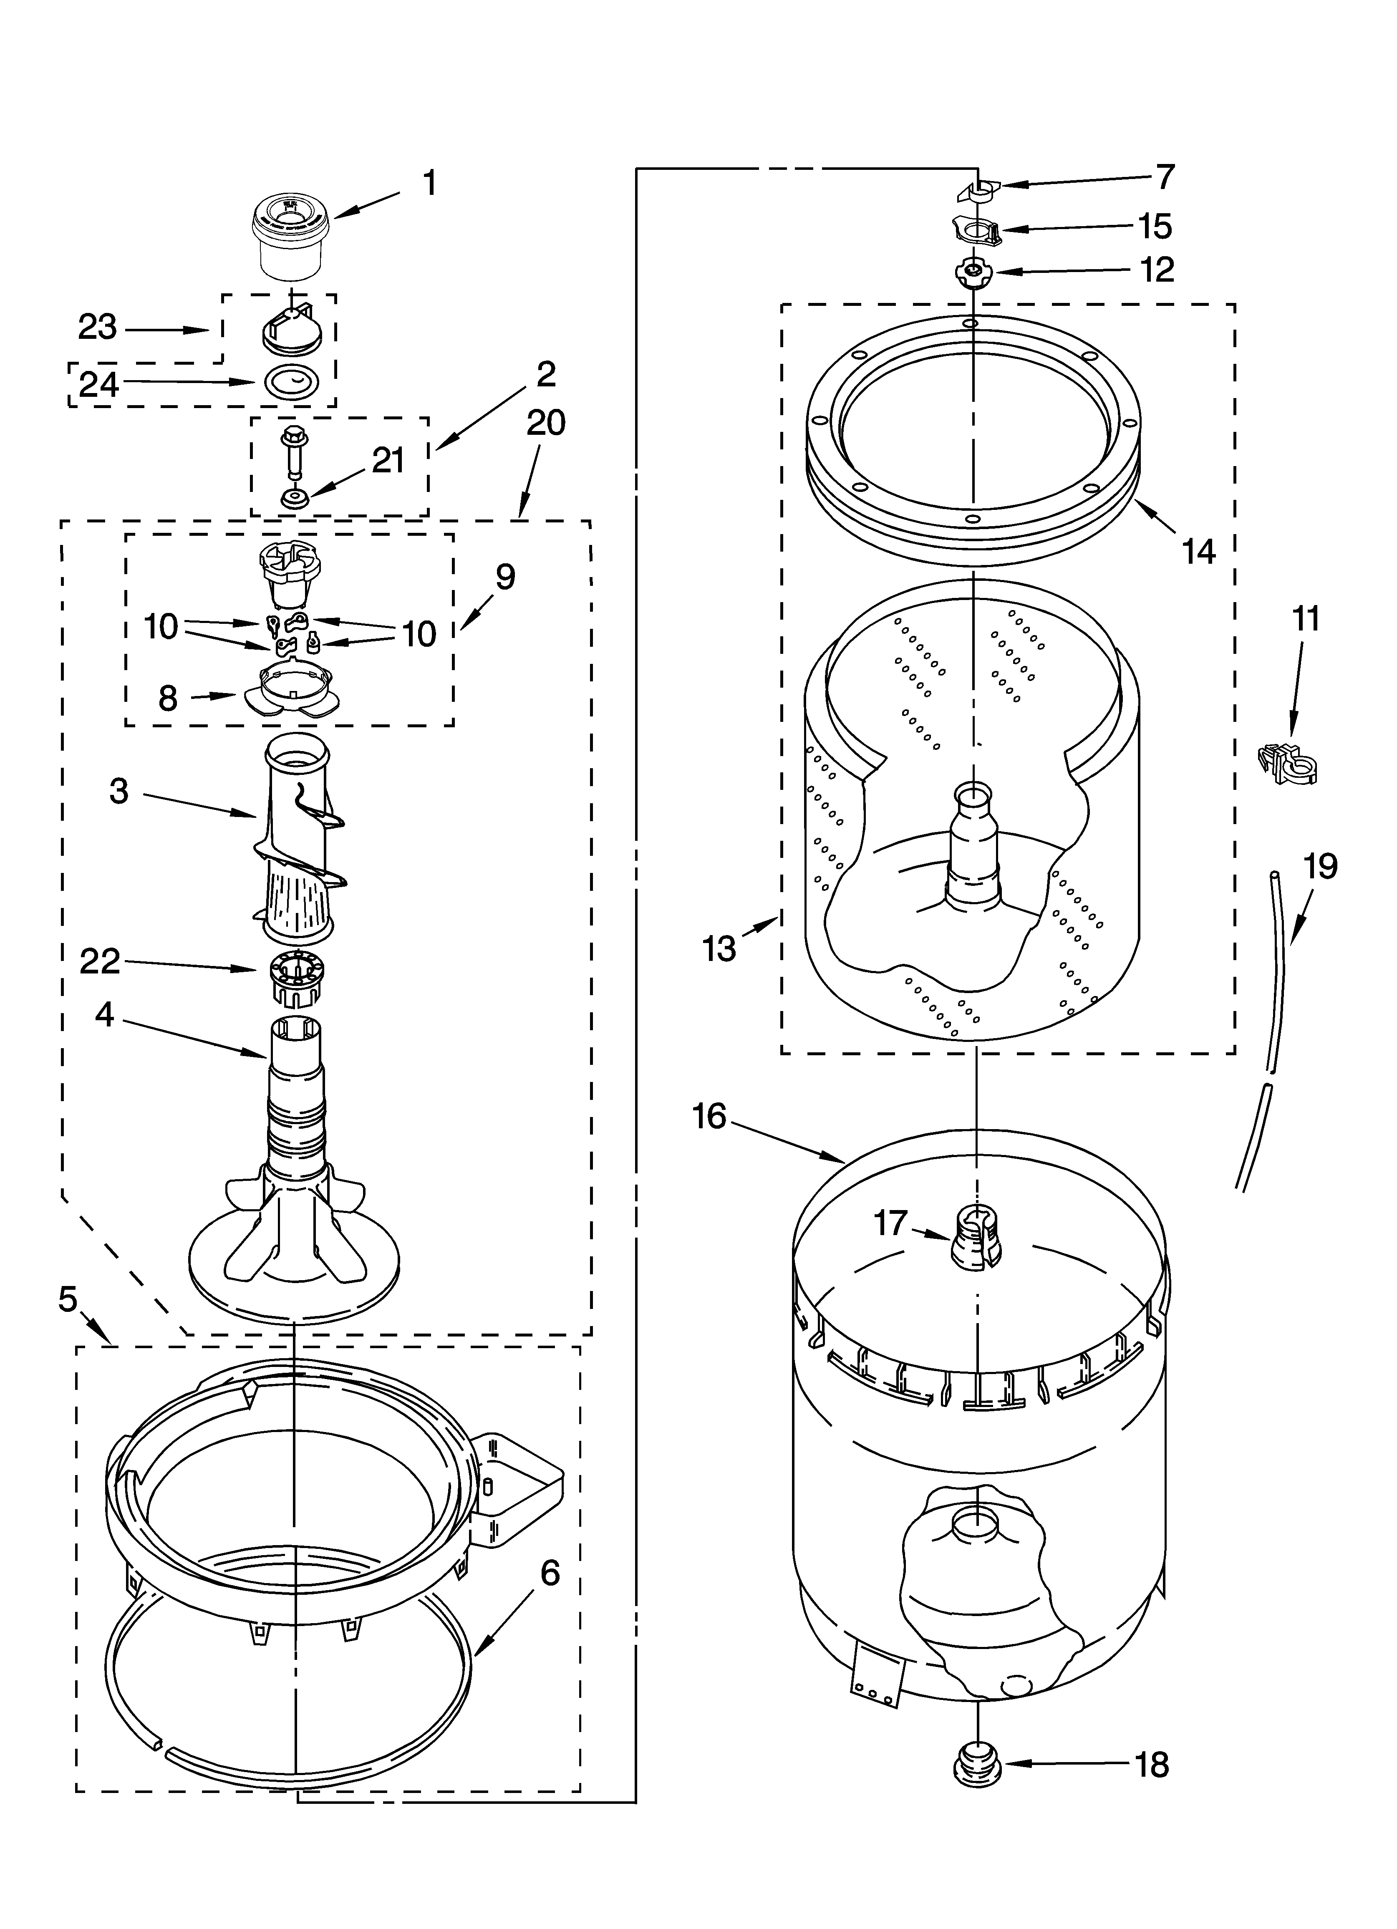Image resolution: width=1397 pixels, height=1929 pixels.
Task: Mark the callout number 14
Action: [x=1198, y=552]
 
